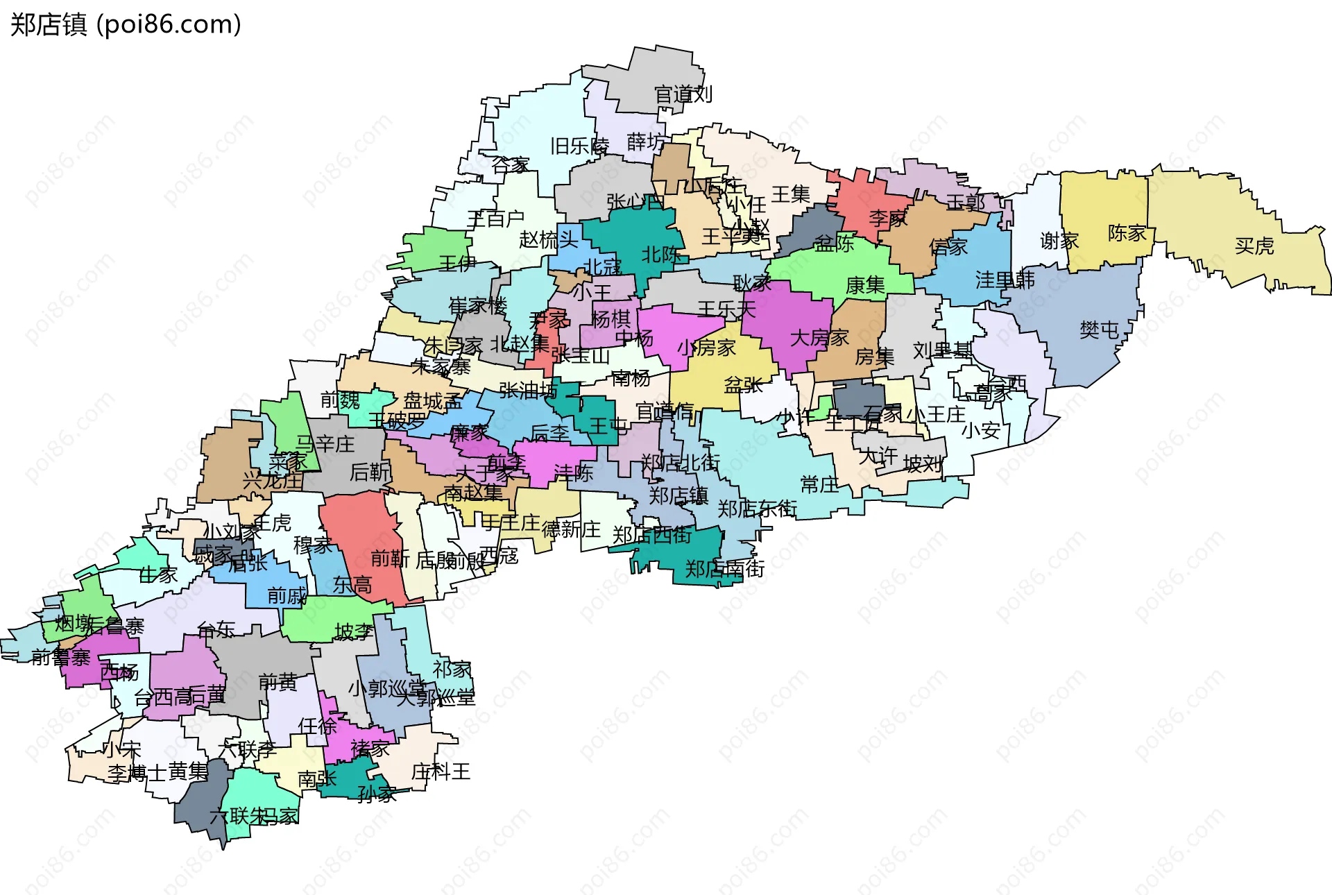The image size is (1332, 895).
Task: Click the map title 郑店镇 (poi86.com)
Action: pyautogui.click(x=126, y=24)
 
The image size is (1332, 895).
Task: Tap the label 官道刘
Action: pyautogui.click(x=683, y=94)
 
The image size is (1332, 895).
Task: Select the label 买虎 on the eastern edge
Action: pyautogui.click(x=1254, y=246)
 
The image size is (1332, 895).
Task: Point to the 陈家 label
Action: pyautogui.click(x=1127, y=233)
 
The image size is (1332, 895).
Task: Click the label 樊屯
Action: pyautogui.click(x=1099, y=330)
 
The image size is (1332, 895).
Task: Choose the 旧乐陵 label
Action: pyautogui.click(x=579, y=146)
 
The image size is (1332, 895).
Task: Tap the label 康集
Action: pyautogui.click(x=865, y=285)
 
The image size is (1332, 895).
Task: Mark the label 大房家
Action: pyautogui.click(x=819, y=338)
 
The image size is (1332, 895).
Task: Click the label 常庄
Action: pyautogui.click(x=819, y=484)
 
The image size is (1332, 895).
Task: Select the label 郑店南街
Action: pyautogui.click(x=724, y=569)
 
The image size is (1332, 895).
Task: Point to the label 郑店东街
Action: pyautogui.click(x=756, y=509)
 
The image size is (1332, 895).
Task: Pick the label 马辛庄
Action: pyautogui.click(x=325, y=443)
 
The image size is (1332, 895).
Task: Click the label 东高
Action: pyautogui.click(x=352, y=585)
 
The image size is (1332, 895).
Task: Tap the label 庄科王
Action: pyautogui.click(x=441, y=772)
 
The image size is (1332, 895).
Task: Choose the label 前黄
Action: pyautogui.click(x=277, y=682)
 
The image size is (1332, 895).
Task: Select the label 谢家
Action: pyautogui.click(x=1059, y=241)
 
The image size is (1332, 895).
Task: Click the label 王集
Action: pyautogui.click(x=790, y=194)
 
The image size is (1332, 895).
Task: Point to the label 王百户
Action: pyautogui.click(x=495, y=219)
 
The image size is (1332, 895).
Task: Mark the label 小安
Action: pyautogui.click(x=980, y=430)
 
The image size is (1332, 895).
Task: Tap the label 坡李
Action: pyautogui.click(x=354, y=631)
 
